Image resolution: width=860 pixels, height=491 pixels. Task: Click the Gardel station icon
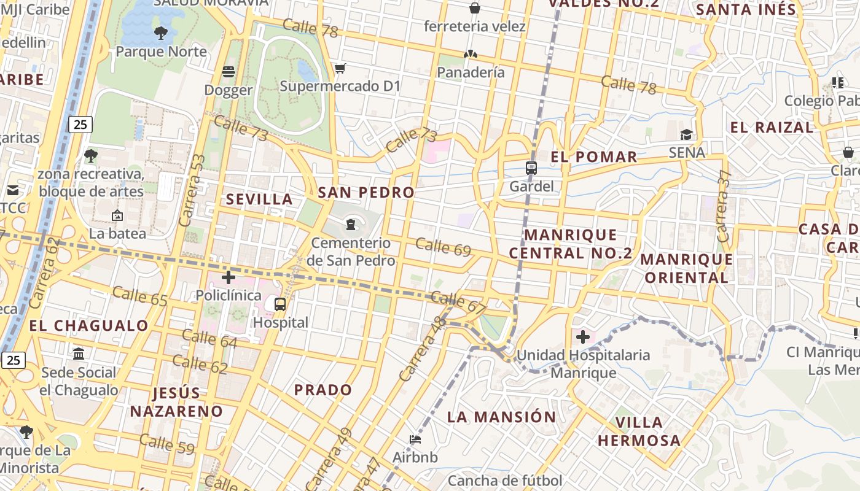pos(531,168)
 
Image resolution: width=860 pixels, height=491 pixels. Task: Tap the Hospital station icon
pos(280,304)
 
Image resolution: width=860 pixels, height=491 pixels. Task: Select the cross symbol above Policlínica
pos(229,277)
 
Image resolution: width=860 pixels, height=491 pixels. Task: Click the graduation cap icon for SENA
pos(686,134)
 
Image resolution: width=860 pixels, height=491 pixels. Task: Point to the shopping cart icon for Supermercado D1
pos(340,68)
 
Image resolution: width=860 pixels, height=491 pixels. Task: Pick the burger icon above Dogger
pos(229,72)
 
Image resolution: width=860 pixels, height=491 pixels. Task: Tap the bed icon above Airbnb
pos(415,439)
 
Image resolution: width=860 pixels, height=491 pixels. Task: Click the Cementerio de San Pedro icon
pos(351,225)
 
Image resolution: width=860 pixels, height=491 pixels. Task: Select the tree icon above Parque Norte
pos(161,33)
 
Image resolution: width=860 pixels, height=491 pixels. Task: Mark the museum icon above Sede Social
pos(79,354)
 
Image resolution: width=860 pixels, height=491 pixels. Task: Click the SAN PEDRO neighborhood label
pos(366,193)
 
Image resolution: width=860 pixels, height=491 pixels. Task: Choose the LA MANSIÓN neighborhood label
pos(501,417)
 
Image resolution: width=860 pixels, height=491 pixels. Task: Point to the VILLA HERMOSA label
pos(639,431)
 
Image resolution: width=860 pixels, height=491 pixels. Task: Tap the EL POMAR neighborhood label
pos(594,157)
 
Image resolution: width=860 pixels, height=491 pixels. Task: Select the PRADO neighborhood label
pos(323,390)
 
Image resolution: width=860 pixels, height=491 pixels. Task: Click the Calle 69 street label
pos(443,247)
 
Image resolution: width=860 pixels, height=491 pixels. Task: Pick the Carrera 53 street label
pos(191,190)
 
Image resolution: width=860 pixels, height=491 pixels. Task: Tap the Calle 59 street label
pos(166,444)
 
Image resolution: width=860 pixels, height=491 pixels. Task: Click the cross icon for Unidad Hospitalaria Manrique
pos(582,337)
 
